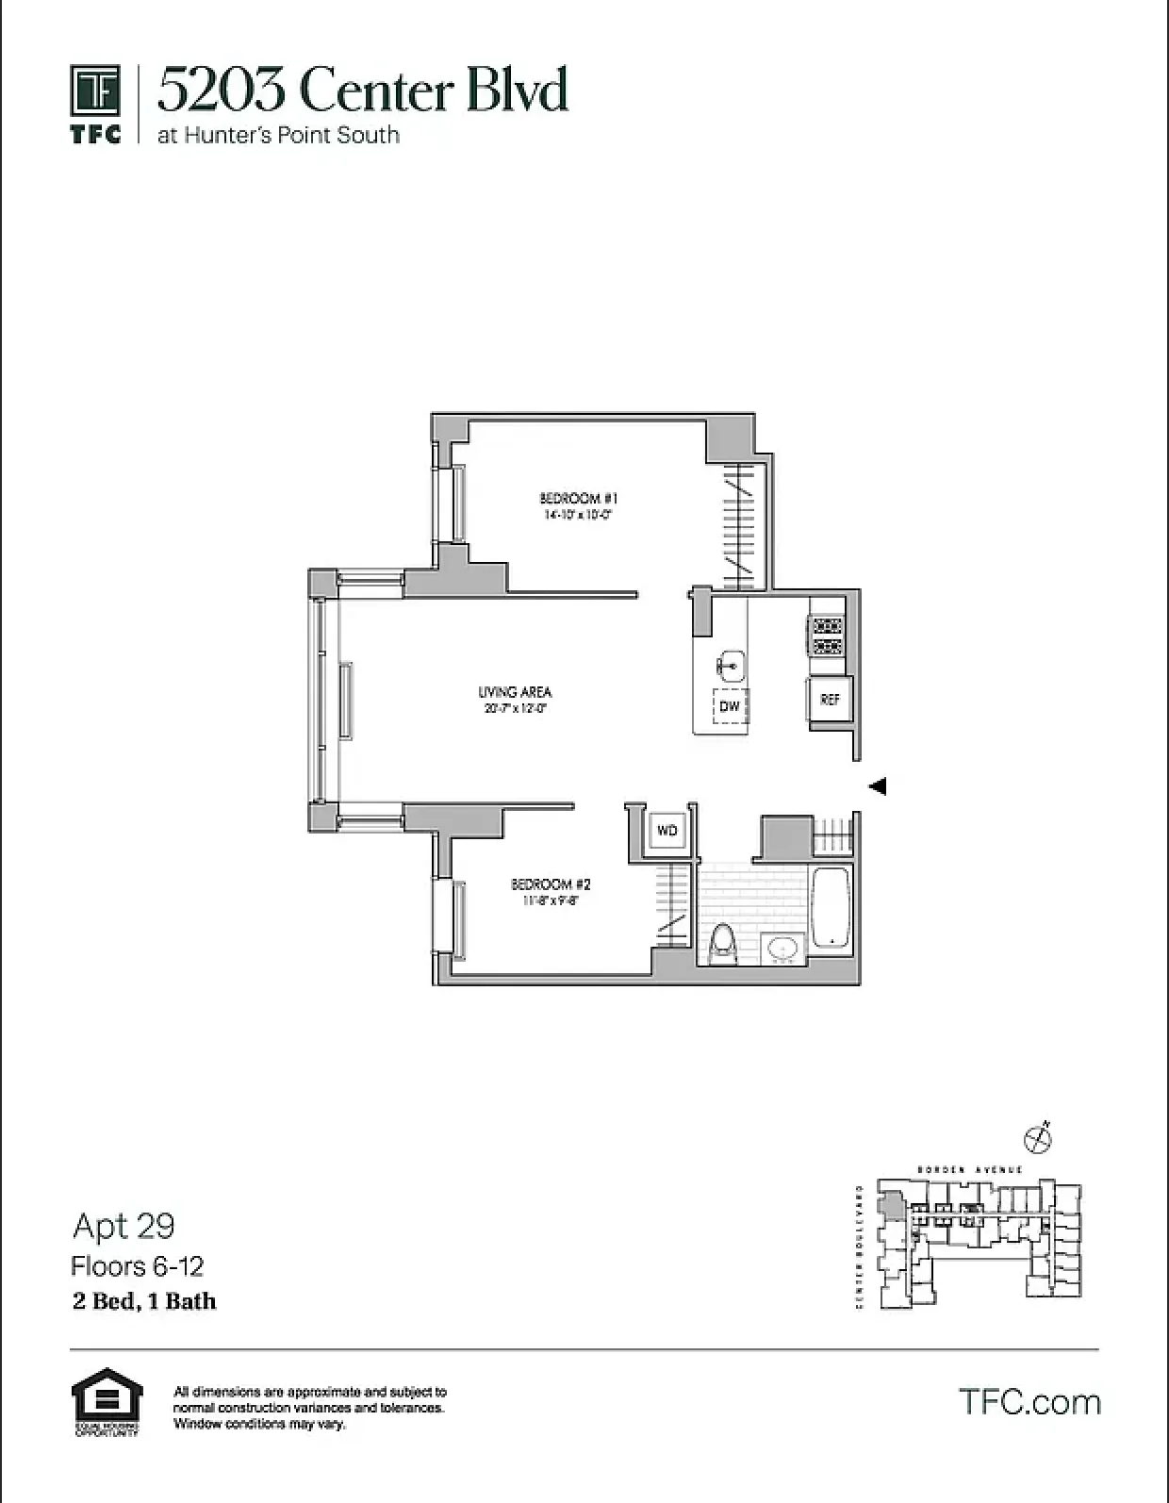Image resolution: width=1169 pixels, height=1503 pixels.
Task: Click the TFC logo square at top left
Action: tap(95, 91)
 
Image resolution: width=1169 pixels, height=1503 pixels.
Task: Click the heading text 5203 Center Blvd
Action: tap(363, 91)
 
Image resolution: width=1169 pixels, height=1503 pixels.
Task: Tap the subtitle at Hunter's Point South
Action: tap(278, 135)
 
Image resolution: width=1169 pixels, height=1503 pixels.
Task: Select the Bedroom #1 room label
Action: tap(578, 498)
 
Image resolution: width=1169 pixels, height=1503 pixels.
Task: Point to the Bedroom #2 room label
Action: tap(551, 884)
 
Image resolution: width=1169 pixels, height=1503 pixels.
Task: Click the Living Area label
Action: tap(515, 692)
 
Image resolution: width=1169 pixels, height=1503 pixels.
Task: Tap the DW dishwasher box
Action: tap(730, 706)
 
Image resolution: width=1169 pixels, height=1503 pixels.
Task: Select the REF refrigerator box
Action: tap(830, 700)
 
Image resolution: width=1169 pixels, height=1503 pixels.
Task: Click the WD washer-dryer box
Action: tap(667, 831)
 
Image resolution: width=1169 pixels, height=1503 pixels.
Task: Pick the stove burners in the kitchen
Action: tap(827, 636)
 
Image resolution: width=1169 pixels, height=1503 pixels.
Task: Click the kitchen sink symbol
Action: tap(731, 665)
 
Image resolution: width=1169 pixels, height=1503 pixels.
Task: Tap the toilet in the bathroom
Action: tap(722, 944)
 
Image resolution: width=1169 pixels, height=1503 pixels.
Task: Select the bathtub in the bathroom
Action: tap(831, 908)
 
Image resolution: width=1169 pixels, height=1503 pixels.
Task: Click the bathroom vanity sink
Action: tap(782, 949)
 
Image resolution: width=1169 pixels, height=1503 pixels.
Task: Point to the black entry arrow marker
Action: tap(878, 785)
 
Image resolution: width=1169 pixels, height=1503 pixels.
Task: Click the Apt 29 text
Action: tap(123, 1226)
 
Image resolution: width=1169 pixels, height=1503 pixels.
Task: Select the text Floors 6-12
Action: tap(138, 1266)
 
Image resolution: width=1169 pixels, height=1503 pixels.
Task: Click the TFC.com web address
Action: tap(1029, 1402)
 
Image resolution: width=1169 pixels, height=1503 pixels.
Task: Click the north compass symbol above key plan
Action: tap(1038, 1138)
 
